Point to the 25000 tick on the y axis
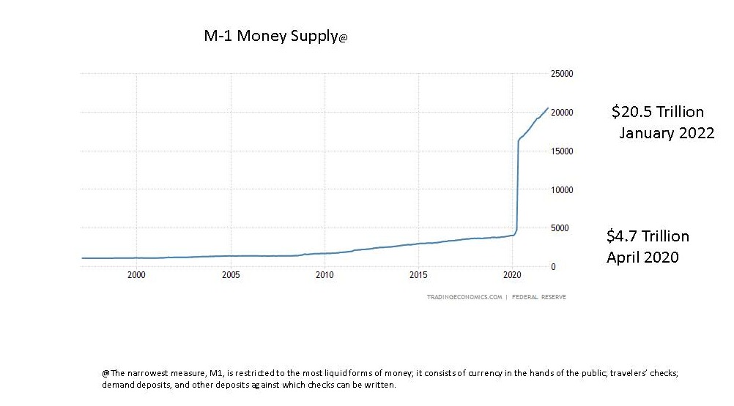point(561,74)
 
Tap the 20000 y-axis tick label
point(561,113)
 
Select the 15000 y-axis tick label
point(561,151)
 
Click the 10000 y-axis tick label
point(561,190)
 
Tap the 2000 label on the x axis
point(136,277)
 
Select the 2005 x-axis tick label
point(231,277)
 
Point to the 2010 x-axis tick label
point(325,277)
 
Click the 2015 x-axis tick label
point(418,277)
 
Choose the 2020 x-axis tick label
point(512,277)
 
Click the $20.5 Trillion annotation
point(657,112)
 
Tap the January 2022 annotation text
point(666,133)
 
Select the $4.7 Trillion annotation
point(648,236)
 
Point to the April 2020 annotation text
point(642,257)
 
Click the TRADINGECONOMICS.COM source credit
point(464,297)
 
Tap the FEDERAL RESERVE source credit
point(538,297)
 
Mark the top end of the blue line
point(548,108)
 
